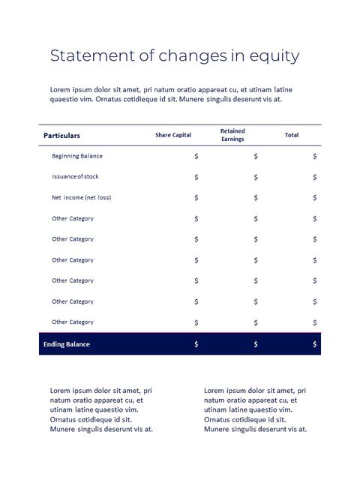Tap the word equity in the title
pos(274,57)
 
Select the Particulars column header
pos(61,136)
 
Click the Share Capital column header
pos(173,135)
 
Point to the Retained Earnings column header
pos(232,135)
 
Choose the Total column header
pos(292,135)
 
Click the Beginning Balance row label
pos(77,156)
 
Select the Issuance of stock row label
pos(75,177)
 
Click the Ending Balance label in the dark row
pos(67,344)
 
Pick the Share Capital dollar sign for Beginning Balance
pos(196,157)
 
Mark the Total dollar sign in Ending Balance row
pos(315,344)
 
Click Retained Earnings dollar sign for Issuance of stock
pos(256,178)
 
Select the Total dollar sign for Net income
pos(315,198)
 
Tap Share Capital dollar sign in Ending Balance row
pos(196,344)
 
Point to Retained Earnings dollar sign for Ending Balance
pos(256,344)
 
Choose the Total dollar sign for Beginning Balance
pos(315,157)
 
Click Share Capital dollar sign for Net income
pos(196,198)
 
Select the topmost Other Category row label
pos(73,218)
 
